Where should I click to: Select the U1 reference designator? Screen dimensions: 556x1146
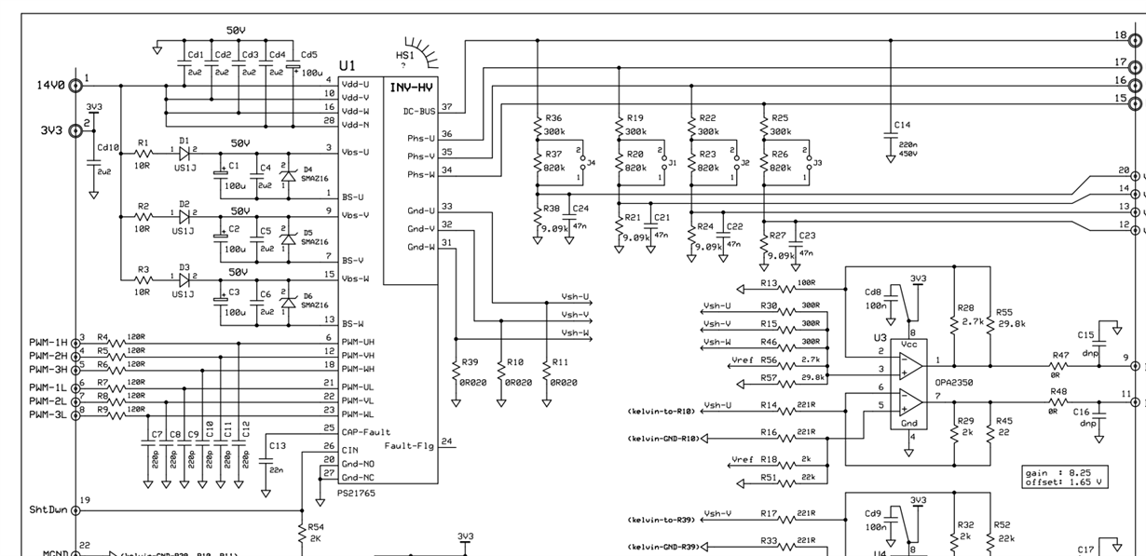point(348,66)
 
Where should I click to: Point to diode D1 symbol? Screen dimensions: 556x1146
point(184,152)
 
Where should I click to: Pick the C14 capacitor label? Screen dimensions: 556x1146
point(902,124)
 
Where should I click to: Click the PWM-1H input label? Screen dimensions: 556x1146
point(48,342)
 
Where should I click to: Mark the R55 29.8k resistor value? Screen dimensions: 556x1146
point(1010,324)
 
